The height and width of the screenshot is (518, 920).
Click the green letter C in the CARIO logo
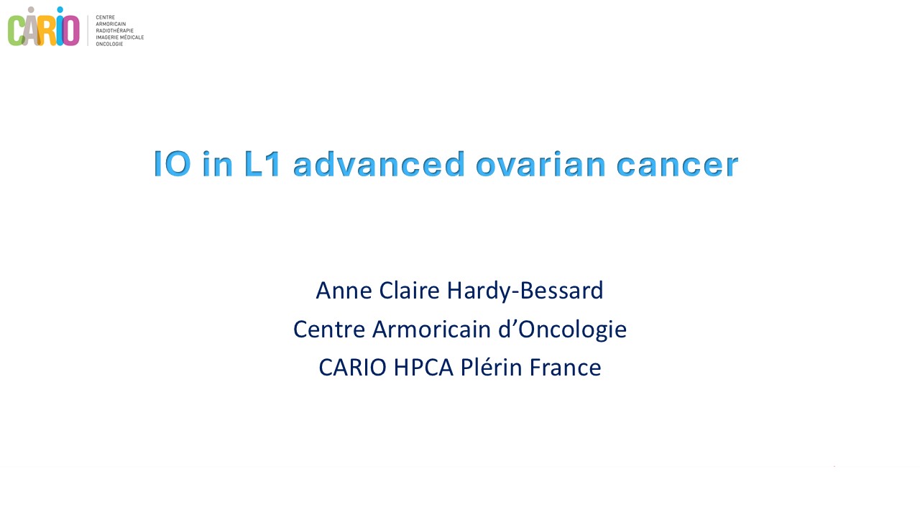coord(16,31)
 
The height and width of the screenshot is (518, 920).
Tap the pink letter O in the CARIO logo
coord(71,31)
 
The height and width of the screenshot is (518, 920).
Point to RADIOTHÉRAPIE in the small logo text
coord(114,31)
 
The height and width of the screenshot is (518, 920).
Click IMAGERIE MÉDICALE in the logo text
coord(120,37)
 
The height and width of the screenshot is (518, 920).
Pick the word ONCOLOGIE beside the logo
coord(110,44)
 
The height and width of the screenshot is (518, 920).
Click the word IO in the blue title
coord(172,164)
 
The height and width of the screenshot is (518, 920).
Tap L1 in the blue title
coord(262,164)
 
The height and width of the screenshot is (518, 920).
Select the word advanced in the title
coord(379,164)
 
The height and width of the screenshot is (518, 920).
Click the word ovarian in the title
coord(540,164)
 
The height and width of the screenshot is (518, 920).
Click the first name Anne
coord(344,291)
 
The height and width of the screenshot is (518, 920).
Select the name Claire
coord(409,291)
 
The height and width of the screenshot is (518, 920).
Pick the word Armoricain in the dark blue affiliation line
coord(432,330)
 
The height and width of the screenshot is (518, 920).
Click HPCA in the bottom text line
coord(423,367)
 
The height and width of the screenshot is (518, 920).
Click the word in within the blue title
coord(218,164)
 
